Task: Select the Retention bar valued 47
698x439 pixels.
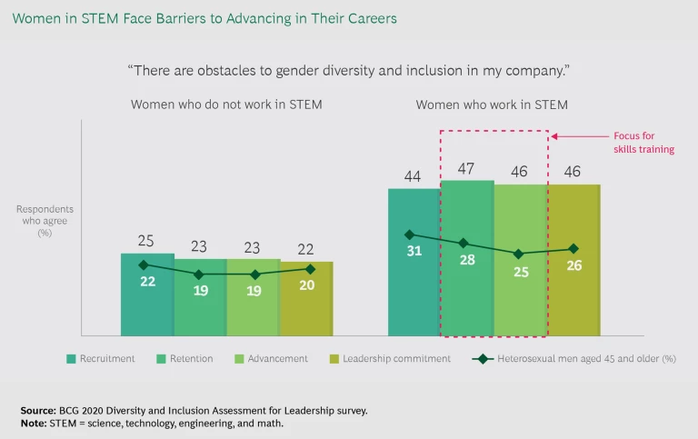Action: [x=467, y=291]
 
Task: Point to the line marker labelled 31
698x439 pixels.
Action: [x=410, y=234]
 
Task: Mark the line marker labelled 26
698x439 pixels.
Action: [x=573, y=248]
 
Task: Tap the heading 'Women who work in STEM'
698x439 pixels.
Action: [x=492, y=105]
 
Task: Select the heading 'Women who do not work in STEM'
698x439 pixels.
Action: [x=226, y=105]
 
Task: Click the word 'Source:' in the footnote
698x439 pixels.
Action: [x=38, y=411]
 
